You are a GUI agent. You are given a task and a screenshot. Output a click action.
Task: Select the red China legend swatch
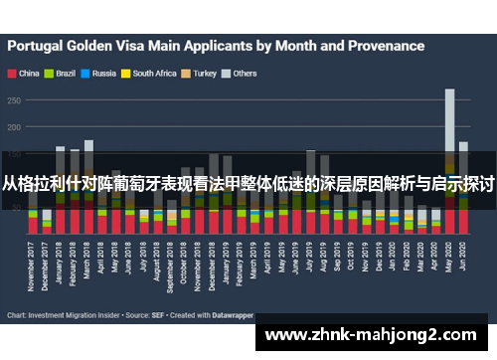pyautogui.click(x=11, y=74)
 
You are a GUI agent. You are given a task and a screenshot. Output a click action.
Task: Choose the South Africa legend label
pyautogui.click(x=154, y=74)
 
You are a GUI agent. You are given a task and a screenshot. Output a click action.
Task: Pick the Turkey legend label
pyautogui.click(x=205, y=74)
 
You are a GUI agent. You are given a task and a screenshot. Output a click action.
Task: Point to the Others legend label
pyautogui.click(x=245, y=74)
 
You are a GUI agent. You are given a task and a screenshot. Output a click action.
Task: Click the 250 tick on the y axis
pyautogui.click(x=15, y=99)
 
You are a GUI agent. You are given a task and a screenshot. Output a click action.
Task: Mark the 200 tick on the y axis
pyautogui.click(x=15, y=127)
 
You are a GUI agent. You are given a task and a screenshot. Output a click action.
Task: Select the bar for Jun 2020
pyautogui.click(x=463, y=189)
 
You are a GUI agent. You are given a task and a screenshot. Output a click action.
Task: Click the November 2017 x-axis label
pyautogui.click(x=33, y=267)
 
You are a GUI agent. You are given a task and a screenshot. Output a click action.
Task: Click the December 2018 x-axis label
pyautogui.click(x=214, y=267)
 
